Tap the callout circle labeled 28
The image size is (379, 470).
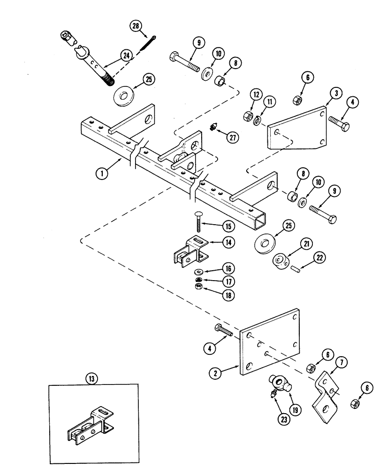pyautogui.click(x=136, y=26)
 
